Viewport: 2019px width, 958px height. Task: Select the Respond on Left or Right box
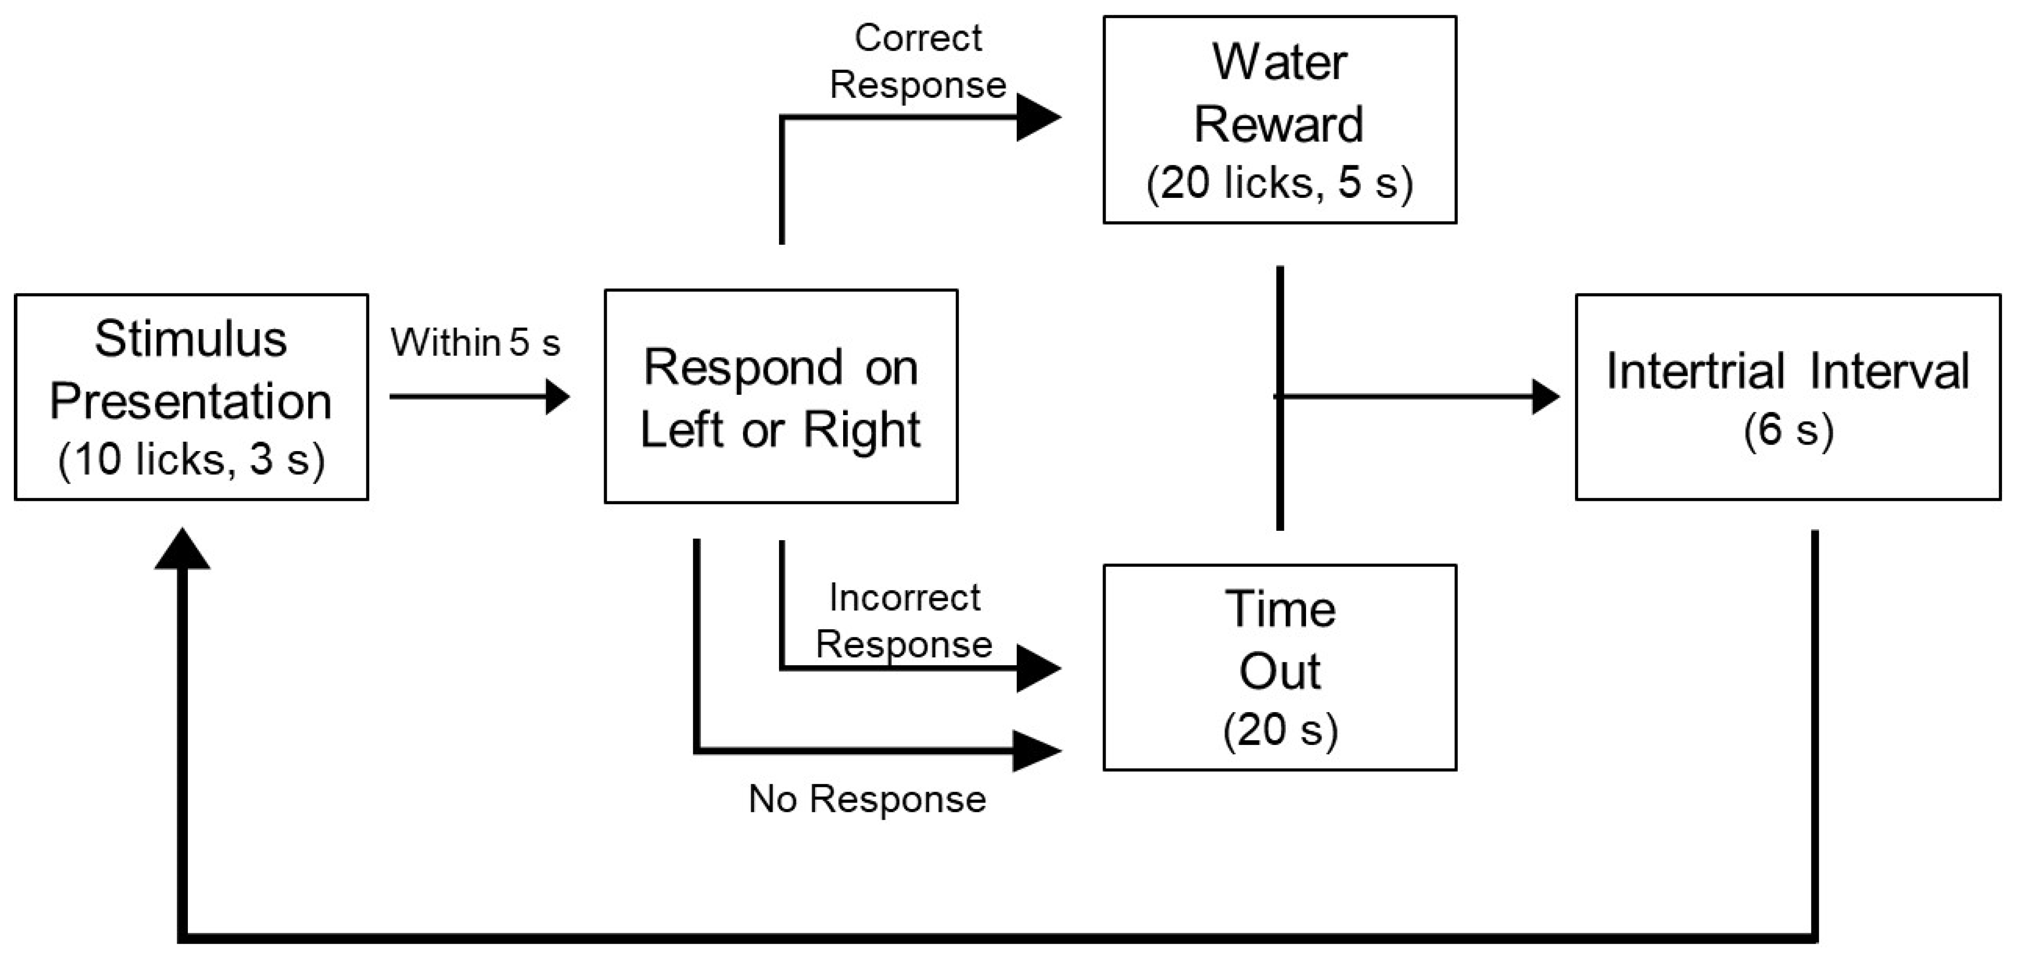(781, 396)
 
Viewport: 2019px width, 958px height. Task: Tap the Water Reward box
(1279, 120)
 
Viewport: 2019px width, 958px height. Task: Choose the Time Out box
(1279, 667)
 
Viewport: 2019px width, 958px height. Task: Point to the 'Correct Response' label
(918, 61)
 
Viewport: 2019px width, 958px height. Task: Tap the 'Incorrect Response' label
(905, 620)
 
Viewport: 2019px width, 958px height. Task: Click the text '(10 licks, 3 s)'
(191, 459)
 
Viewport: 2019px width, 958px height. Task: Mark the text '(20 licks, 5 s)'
(1279, 183)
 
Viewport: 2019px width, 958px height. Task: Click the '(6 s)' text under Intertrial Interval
(1788, 429)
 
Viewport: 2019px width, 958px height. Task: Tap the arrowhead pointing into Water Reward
(1038, 118)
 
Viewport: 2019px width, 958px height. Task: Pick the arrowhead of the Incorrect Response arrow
(1038, 668)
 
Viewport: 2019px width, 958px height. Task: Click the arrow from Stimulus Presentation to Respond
(478, 396)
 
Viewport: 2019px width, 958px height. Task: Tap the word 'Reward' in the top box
(1279, 124)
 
